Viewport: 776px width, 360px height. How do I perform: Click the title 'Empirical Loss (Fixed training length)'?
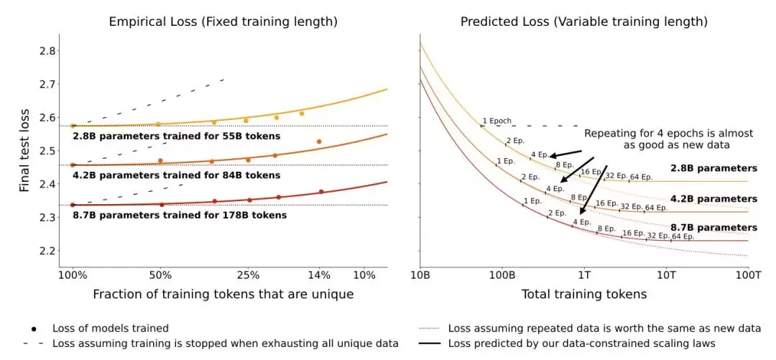[223, 22]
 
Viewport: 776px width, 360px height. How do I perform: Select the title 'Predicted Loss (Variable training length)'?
[584, 22]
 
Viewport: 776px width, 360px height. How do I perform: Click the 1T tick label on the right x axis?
[585, 274]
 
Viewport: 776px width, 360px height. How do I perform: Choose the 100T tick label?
[748, 274]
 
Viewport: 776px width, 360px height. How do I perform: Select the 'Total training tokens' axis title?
[584, 294]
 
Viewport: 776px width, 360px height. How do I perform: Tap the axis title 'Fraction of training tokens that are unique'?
[223, 294]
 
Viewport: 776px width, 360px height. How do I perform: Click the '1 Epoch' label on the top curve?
[497, 121]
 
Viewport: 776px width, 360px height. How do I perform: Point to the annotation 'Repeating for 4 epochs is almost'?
[669, 133]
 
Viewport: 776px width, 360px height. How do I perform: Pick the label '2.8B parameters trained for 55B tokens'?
[177, 136]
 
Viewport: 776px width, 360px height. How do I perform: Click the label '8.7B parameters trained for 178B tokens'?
[179, 216]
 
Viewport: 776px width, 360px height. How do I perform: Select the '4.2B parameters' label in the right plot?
[713, 198]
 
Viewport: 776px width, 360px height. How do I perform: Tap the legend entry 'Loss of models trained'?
[111, 328]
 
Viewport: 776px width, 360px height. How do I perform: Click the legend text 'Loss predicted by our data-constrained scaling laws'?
[581, 343]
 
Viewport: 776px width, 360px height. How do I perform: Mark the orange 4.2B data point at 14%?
[319, 142]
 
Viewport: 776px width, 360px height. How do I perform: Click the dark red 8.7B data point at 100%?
[73, 205]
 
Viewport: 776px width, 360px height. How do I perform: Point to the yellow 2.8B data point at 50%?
[158, 124]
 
